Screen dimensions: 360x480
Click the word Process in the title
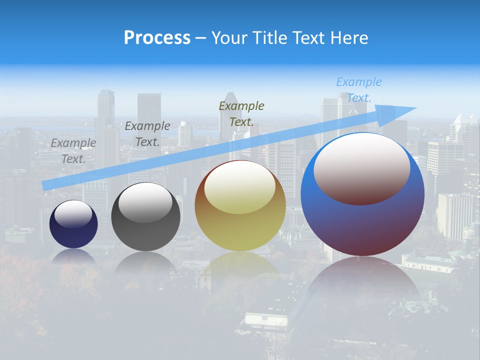tap(157, 38)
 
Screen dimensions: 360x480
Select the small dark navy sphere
tap(73, 235)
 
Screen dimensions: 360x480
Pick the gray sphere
tap(145, 235)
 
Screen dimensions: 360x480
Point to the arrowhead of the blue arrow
tap(400, 112)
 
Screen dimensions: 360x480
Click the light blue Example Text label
tap(358, 90)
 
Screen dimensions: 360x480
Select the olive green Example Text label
tap(241, 113)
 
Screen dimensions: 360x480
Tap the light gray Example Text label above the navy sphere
tap(73, 150)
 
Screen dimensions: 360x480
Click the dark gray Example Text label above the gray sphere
tap(147, 133)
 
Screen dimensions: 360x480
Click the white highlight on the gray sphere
tap(145, 202)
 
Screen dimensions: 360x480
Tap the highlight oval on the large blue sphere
tap(362, 167)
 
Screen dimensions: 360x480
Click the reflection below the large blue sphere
tap(362, 280)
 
